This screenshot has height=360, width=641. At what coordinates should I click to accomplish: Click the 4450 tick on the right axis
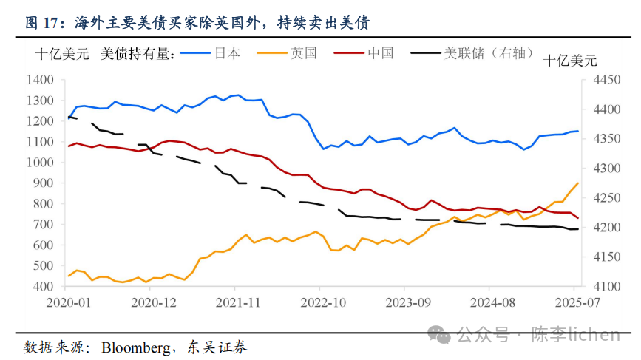tap(597, 80)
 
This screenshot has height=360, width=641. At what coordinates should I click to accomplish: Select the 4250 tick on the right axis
tap(597, 197)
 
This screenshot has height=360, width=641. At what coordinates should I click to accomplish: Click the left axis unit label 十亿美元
tap(62, 53)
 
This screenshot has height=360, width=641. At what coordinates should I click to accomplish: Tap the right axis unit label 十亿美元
tap(570, 61)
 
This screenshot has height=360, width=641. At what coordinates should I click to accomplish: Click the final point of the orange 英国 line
tap(577, 183)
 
